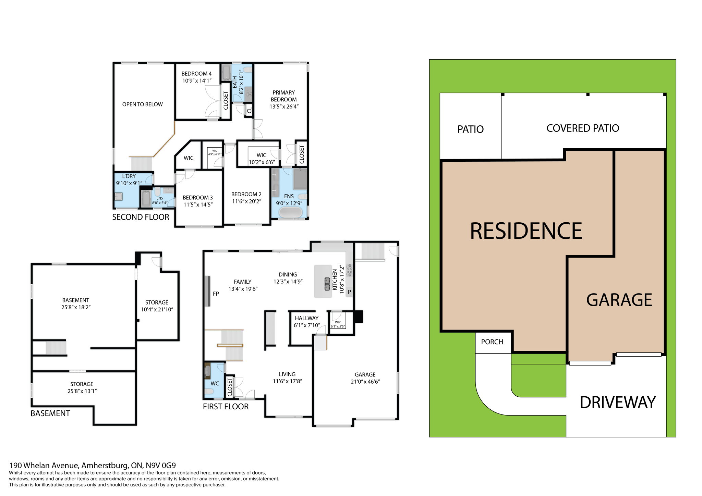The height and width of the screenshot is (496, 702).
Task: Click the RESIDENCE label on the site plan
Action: click(x=526, y=231)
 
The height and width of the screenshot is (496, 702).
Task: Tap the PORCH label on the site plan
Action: click(x=492, y=342)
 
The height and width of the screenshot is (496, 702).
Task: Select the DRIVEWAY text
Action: click(x=618, y=402)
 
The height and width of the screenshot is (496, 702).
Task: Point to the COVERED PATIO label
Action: click(x=582, y=128)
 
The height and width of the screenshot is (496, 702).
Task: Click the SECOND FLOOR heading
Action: click(x=141, y=217)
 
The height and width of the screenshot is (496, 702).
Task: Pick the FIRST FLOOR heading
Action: click(x=226, y=407)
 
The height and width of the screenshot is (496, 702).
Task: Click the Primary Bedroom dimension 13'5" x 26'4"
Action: click(x=284, y=107)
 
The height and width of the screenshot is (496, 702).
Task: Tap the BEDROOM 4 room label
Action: click(x=196, y=74)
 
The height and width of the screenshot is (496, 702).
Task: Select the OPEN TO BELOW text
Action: click(x=142, y=104)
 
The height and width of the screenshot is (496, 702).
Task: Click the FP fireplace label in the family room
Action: click(x=216, y=294)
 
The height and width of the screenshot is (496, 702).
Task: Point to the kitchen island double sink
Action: click(x=327, y=284)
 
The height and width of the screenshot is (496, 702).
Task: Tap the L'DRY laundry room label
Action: click(x=129, y=176)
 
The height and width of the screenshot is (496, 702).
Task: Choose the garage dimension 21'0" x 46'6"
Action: click(x=365, y=382)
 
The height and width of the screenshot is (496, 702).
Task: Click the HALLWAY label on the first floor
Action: click(x=306, y=318)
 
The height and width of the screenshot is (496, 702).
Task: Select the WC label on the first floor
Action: click(x=215, y=384)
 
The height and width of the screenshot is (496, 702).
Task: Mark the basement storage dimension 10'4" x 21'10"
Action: click(x=157, y=310)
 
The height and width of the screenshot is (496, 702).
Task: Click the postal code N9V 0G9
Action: click(x=161, y=466)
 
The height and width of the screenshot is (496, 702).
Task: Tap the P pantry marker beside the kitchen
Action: click(x=349, y=292)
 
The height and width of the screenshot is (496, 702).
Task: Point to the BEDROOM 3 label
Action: click(x=197, y=198)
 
